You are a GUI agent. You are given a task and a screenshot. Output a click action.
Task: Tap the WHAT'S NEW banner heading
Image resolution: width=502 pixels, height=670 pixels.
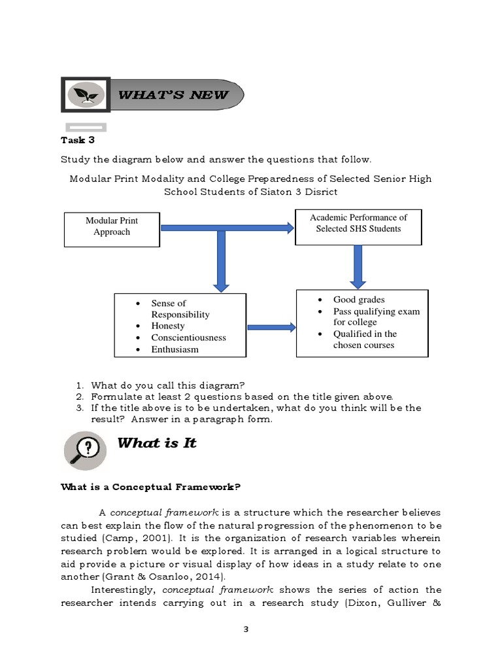coord(173,95)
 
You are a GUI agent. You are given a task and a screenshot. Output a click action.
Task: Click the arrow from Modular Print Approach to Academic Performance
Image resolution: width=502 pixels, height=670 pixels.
coord(226,228)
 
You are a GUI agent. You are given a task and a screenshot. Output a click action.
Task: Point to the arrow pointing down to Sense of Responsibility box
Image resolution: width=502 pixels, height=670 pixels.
coord(221,262)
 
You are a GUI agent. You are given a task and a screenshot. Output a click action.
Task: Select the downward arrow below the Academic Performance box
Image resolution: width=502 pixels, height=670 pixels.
coord(358,266)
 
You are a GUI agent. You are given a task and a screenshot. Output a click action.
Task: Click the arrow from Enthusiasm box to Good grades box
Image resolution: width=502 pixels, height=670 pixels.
coord(271,326)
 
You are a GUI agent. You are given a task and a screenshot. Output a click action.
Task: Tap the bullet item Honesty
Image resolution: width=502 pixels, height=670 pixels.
coord(168,326)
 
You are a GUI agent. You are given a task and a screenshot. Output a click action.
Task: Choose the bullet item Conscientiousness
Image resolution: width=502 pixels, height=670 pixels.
coord(188,338)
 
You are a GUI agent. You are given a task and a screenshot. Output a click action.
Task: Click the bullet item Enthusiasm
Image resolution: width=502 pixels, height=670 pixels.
coord(175,349)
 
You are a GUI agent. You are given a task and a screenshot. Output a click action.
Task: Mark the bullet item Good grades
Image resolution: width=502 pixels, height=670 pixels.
coord(359,300)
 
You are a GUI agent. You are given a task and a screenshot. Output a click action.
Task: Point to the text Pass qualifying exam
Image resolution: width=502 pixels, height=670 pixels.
coord(376,311)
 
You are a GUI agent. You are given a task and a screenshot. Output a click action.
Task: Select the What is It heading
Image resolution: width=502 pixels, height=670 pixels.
coord(157,443)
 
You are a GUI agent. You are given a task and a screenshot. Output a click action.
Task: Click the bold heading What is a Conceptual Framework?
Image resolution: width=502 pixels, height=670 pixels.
coord(151,487)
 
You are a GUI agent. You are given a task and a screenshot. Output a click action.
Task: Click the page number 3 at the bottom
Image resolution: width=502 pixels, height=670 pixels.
coord(246,630)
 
